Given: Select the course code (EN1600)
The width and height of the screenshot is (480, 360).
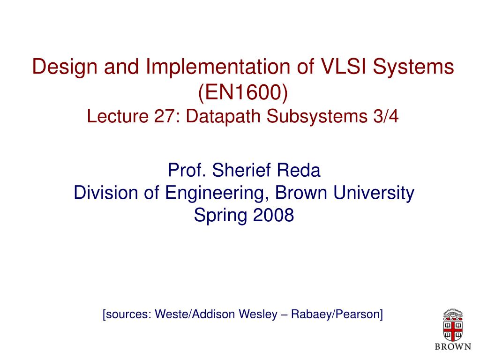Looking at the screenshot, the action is (243, 92).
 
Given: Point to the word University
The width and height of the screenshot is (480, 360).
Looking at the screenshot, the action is (374, 193).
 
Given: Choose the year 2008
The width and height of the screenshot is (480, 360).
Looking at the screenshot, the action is (273, 215).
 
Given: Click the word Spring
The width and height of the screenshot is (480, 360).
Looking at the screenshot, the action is (221, 216).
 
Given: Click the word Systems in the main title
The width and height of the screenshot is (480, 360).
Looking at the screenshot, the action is (413, 67).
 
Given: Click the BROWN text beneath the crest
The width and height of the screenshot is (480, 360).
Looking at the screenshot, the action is (453, 346).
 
